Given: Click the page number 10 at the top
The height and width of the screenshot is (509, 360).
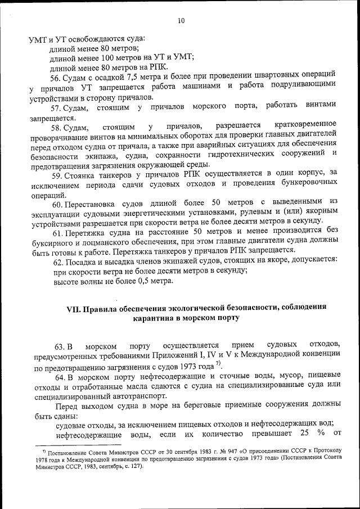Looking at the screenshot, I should (181, 21).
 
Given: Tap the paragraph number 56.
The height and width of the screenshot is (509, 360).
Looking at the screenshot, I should (56, 77).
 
